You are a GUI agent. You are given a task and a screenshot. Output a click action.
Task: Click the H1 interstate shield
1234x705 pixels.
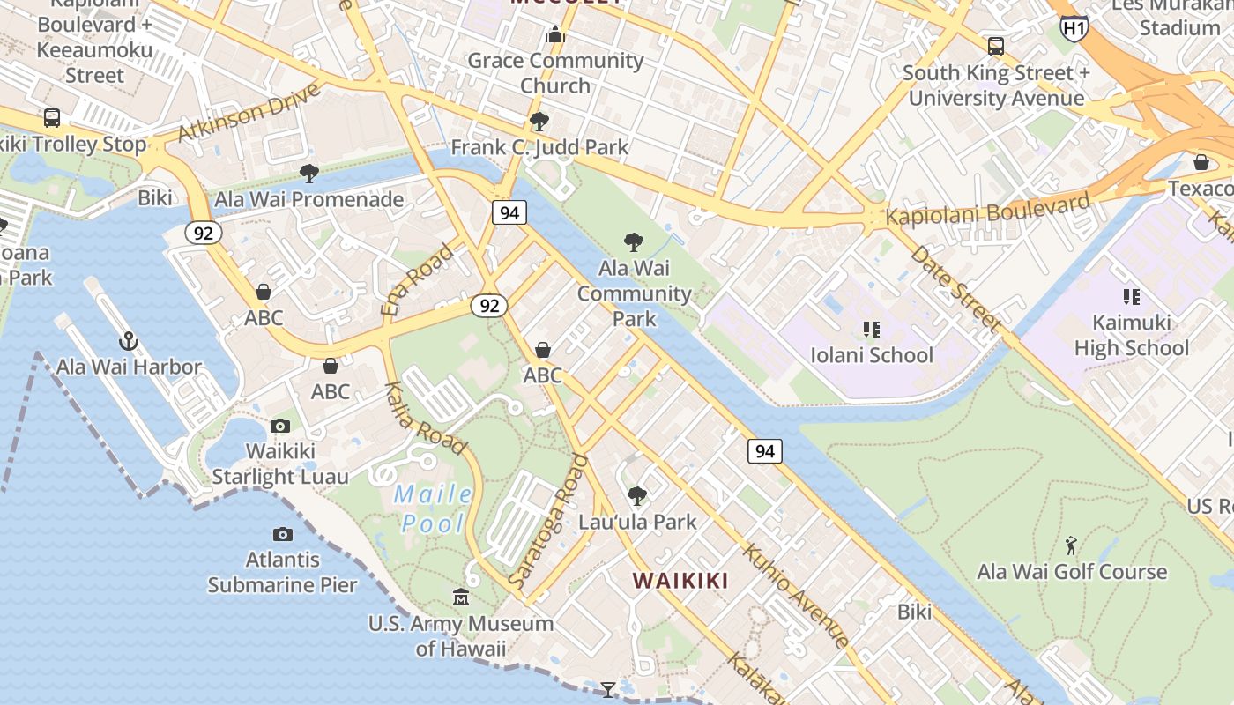coord(1074,29)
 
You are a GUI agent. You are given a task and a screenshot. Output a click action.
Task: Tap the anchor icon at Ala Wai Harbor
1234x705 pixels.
coord(130,340)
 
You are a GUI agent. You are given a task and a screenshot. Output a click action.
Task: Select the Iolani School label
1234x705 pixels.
coord(871,355)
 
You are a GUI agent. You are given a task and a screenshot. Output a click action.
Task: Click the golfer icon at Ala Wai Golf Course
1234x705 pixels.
coord(1071,545)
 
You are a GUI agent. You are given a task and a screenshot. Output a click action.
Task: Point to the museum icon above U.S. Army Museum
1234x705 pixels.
coord(461,598)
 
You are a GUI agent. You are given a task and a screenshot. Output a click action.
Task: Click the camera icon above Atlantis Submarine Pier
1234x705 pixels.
coord(282,534)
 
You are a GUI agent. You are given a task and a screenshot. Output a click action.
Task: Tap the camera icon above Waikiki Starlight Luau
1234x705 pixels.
coord(280,427)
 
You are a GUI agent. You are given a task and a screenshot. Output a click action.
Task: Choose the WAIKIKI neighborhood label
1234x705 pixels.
coord(680,581)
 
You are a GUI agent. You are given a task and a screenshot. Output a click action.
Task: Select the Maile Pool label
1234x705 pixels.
coord(432,508)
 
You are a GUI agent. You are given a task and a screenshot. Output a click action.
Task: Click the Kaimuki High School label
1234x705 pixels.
coord(1131,335)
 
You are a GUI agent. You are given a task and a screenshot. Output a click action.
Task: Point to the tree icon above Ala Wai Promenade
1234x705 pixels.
coord(308,174)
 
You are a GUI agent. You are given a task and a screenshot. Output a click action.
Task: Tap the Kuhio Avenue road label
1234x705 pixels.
coord(796,595)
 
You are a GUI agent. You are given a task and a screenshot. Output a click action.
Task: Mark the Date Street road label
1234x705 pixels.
coord(955,288)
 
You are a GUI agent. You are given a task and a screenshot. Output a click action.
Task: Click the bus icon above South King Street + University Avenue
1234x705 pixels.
coord(995,47)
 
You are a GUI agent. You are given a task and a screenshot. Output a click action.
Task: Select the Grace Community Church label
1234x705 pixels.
coord(555,73)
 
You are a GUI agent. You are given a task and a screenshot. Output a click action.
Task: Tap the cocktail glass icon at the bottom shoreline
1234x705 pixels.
coord(608,689)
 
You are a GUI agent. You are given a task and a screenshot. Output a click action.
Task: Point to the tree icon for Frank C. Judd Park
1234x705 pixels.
coord(539,122)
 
